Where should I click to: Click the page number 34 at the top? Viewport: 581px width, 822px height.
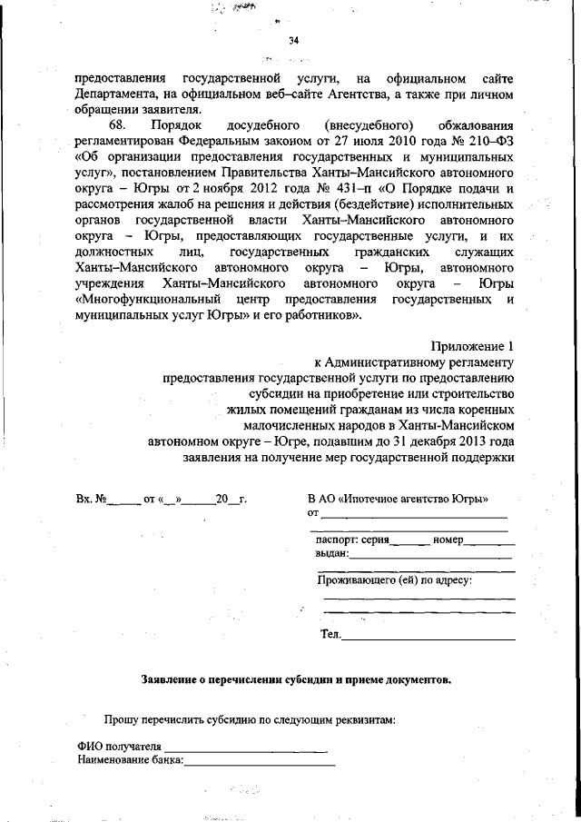(x=293, y=40)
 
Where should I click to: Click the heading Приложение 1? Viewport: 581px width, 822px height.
(x=471, y=346)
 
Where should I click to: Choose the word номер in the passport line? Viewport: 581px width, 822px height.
(x=448, y=540)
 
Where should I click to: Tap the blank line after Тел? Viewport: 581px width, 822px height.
(x=427, y=636)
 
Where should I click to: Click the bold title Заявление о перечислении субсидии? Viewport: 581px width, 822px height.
(x=296, y=678)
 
